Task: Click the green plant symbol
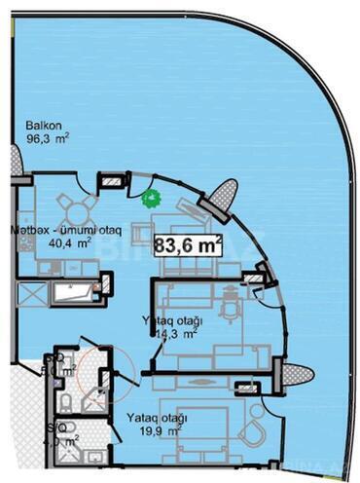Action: [x=150, y=201]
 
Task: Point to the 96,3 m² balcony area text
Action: [x=46, y=139]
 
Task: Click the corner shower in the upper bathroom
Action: [x=97, y=390]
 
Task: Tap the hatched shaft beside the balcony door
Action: [x=114, y=179]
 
